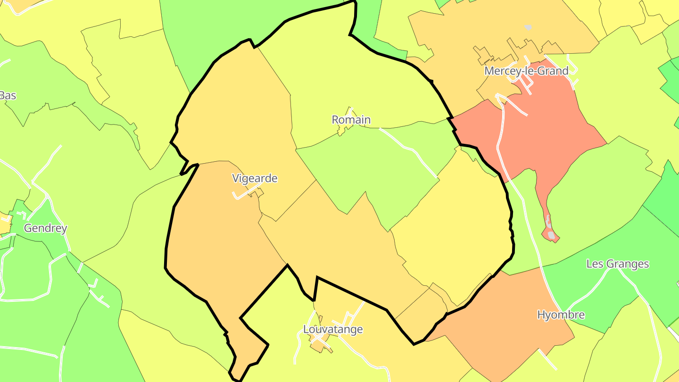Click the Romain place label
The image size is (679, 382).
(x=351, y=120)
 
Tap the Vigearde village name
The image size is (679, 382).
(x=255, y=179)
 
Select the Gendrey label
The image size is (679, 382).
(x=45, y=228)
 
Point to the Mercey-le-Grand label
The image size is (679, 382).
(x=526, y=71)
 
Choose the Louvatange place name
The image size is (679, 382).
(x=333, y=329)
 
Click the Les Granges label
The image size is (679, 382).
(x=617, y=264)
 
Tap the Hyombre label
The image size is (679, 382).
(x=561, y=315)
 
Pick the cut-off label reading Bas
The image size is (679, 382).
(x=8, y=96)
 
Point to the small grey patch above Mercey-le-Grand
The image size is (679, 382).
(x=528, y=27)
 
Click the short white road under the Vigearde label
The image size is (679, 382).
(x=245, y=194)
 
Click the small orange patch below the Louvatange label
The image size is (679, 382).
(x=322, y=347)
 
